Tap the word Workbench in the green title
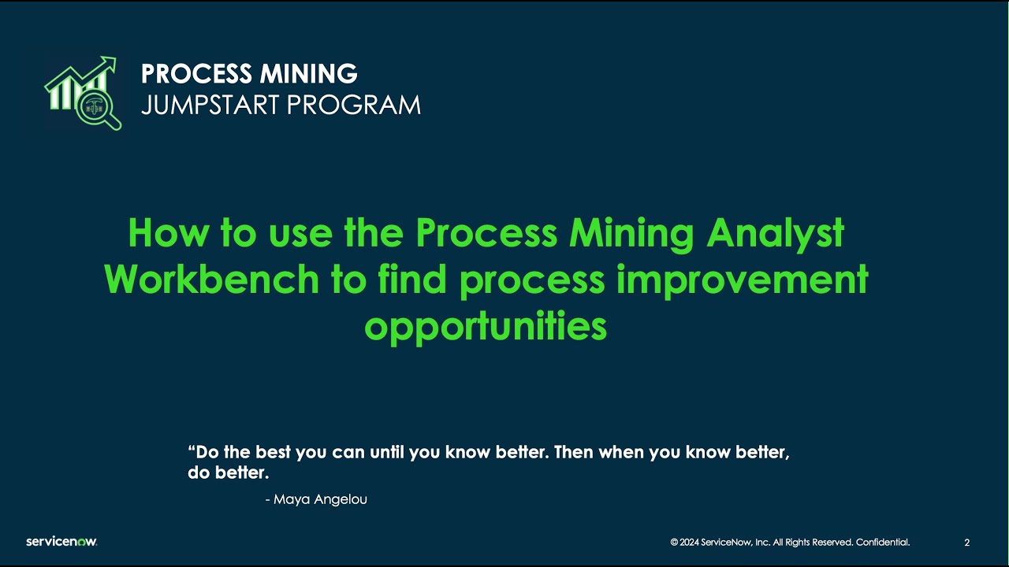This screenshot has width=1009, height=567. [x=211, y=280]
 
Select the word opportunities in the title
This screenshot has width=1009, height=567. [x=486, y=326]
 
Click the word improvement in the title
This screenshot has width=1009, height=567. [x=742, y=280]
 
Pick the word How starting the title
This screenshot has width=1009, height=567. [x=162, y=233]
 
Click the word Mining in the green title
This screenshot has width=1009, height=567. [x=624, y=233]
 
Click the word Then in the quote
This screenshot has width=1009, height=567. [x=574, y=453]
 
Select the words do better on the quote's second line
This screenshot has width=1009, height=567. [x=228, y=474]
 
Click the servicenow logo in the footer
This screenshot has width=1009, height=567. [x=61, y=542]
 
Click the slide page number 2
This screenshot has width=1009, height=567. [x=967, y=543]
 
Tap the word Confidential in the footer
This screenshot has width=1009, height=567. [x=882, y=543]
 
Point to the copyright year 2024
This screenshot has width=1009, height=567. [x=690, y=543]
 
